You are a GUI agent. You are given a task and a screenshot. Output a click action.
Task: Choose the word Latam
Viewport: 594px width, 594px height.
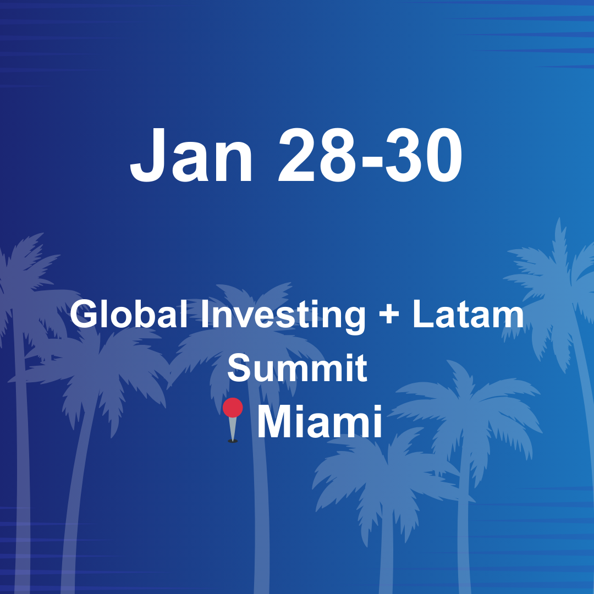tap(468, 315)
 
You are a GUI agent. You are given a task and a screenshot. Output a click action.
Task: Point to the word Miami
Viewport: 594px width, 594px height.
tap(319, 422)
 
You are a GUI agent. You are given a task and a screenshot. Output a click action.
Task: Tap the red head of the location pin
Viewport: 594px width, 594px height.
tap(233, 408)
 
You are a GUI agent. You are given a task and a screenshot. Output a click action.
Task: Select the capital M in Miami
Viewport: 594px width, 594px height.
tap(274, 422)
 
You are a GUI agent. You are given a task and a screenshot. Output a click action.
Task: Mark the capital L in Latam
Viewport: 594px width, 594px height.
tap(421, 315)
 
